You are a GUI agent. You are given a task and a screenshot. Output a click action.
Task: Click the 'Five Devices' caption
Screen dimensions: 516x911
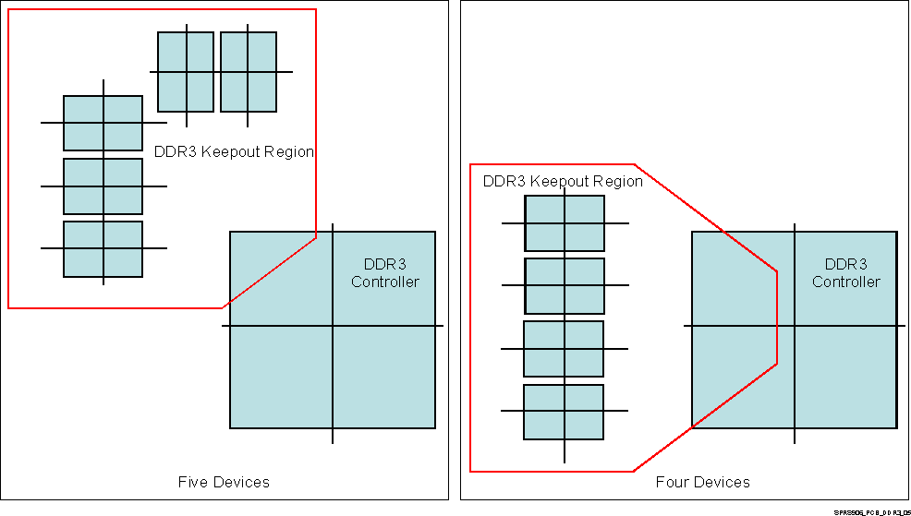(x=224, y=482)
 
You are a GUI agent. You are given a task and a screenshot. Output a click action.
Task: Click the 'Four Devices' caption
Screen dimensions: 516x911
(x=702, y=482)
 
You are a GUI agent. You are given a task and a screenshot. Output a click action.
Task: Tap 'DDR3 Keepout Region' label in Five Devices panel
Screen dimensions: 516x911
(x=234, y=152)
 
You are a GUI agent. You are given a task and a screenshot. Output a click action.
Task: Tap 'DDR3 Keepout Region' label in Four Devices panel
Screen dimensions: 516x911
(x=563, y=182)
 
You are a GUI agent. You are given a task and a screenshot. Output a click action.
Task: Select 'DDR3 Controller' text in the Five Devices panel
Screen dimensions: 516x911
(x=385, y=273)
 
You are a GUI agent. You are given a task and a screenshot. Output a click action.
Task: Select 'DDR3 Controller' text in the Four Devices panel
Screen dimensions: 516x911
(x=846, y=273)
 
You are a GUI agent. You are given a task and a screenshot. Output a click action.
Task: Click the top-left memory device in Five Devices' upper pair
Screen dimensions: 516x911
(x=186, y=72)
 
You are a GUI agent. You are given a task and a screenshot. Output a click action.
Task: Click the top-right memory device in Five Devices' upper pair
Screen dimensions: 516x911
(x=249, y=72)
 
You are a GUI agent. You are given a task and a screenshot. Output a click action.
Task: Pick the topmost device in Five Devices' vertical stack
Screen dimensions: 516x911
(x=103, y=123)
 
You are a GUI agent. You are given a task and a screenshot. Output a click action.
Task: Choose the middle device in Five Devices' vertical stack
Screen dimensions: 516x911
(x=103, y=186)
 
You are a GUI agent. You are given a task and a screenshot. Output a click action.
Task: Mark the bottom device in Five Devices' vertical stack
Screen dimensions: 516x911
(x=103, y=249)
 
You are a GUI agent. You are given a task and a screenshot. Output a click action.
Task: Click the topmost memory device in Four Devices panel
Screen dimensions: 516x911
(x=565, y=223)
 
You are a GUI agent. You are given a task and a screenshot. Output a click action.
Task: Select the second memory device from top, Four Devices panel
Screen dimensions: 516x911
(x=565, y=286)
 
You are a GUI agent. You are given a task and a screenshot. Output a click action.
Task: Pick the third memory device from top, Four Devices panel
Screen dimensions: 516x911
(x=564, y=349)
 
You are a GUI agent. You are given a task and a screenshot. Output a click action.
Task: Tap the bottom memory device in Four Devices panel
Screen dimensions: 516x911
(x=564, y=412)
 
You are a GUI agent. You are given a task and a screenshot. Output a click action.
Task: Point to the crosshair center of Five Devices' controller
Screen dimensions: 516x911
(x=333, y=326)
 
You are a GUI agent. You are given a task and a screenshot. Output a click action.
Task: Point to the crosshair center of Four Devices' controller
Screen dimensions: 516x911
(x=795, y=326)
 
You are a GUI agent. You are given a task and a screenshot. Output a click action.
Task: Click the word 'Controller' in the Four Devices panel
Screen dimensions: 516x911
(x=846, y=282)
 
